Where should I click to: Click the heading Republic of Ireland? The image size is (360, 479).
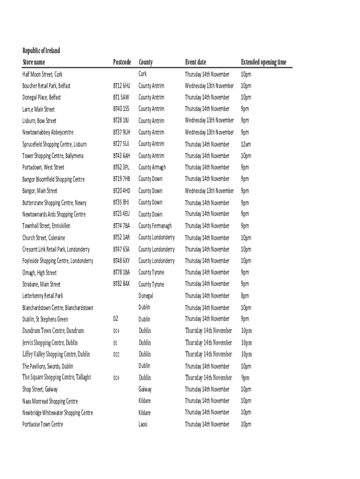(x=41, y=51)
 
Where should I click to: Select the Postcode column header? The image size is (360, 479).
(x=122, y=62)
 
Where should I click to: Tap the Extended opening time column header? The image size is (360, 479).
(x=264, y=62)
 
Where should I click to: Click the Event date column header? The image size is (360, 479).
(x=195, y=62)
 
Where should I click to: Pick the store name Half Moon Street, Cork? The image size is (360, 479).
(x=43, y=74)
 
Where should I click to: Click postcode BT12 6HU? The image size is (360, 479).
(x=122, y=86)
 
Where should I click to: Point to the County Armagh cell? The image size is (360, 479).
(x=152, y=167)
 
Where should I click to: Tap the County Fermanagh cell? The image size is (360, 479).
(x=155, y=226)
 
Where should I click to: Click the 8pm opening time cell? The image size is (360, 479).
(x=245, y=296)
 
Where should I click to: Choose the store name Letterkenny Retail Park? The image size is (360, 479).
(x=43, y=296)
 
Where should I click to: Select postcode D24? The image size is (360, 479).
(x=116, y=378)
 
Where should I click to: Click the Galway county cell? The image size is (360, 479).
(x=145, y=389)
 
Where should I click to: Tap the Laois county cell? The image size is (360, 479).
(x=143, y=424)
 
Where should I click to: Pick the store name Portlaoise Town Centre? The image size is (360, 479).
(x=43, y=424)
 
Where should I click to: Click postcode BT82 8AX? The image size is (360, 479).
(x=122, y=284)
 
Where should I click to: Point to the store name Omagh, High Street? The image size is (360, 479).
(x=40, y=273)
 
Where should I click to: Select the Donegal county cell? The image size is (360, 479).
(x=146, y=296)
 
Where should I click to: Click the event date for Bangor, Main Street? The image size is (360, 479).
(x=209, y=191)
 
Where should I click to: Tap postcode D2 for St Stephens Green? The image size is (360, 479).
(x=116, y=319)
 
